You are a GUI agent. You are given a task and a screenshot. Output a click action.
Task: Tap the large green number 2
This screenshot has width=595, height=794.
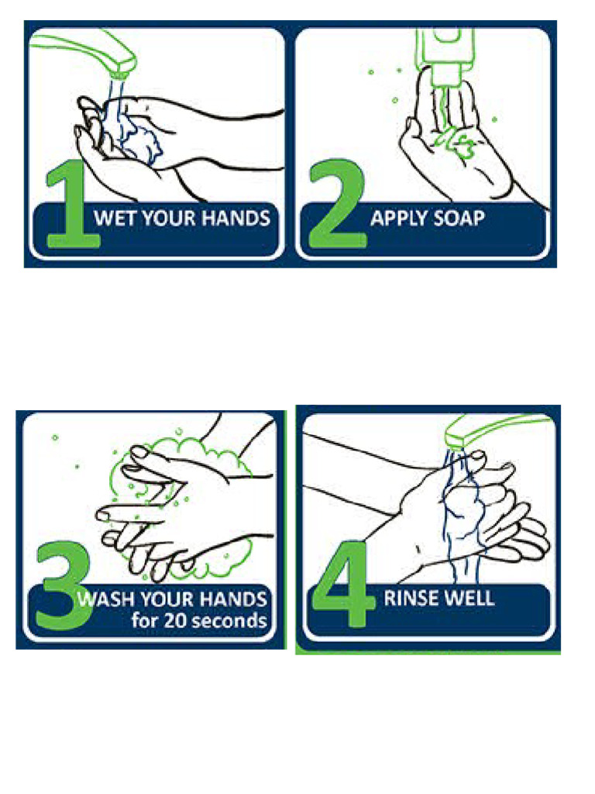click(336, 208)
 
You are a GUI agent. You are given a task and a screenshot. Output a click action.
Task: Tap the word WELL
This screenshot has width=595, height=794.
click(469, 598)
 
